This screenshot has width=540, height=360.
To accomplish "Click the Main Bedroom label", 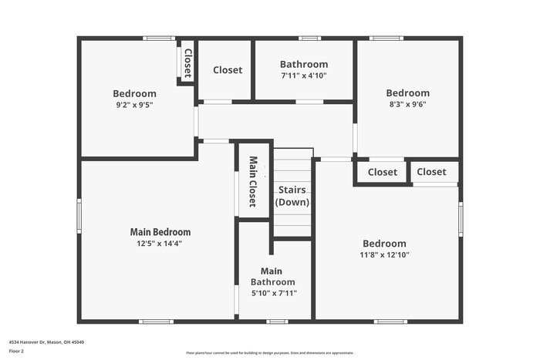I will click(160, 232).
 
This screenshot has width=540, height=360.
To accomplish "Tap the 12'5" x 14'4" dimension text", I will click(160, 244).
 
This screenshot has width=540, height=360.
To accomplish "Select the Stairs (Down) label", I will click(292, 196).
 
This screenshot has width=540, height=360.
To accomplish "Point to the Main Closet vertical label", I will click(252, 182).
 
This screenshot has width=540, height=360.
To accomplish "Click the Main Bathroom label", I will click(272, 277).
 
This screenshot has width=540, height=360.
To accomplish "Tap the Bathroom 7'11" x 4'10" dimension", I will click(304, 76).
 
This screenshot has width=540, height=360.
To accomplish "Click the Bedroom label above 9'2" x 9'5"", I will click(135, 94).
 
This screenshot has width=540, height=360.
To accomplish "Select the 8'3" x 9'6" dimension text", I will click(408, 104).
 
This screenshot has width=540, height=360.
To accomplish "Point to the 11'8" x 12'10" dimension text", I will click(384, 254).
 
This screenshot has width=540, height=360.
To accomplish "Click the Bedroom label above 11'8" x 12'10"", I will click(384, 243).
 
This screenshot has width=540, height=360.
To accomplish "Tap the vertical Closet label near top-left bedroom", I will click(187, 63).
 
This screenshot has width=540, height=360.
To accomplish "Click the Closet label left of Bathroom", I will click(228, 70).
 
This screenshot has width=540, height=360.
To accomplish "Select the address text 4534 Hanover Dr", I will click(46, 341).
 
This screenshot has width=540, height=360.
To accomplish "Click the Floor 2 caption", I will click(16, 351).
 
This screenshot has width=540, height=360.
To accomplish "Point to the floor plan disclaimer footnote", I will click(269, 353).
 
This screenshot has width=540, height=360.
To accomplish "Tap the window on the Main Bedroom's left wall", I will click(79, 216).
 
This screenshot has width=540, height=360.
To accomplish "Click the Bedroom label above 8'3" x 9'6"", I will click(408, 93).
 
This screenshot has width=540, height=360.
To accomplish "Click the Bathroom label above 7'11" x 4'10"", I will click(304, 65).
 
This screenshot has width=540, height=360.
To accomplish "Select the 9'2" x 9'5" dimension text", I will click(135, 105).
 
